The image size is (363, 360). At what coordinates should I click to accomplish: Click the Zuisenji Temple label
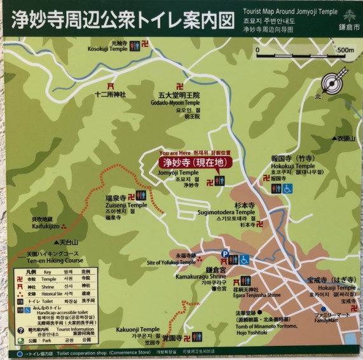click(x=126, y=205)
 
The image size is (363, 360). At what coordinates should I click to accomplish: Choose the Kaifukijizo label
click(x=45, y=226)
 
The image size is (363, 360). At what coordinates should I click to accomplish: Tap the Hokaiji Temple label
click(x=332, y=287)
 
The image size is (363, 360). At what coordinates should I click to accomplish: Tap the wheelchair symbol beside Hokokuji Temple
click(x=287, y=188)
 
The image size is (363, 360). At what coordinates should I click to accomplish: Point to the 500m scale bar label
click(x=345, y=50)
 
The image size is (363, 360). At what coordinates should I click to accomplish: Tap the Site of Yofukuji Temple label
click(x=170, y=262)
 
